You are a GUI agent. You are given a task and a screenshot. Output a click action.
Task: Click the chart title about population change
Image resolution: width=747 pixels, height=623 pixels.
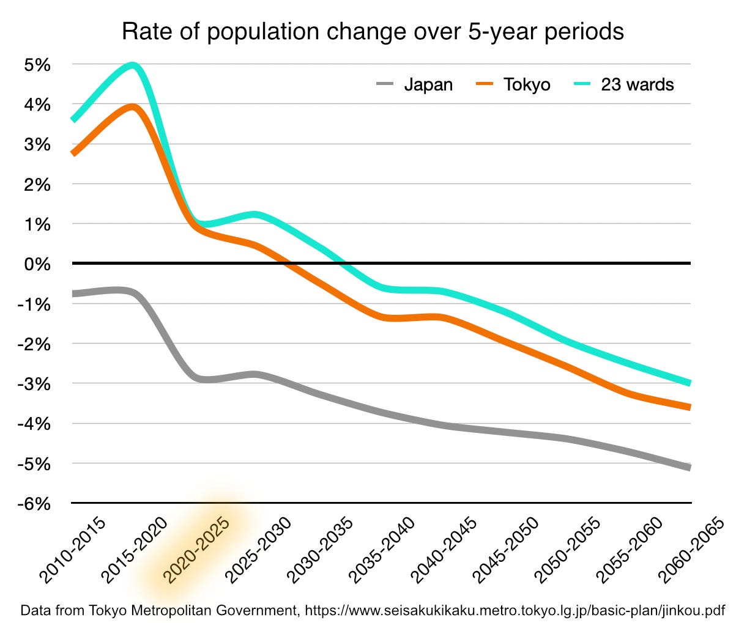pos(373,31)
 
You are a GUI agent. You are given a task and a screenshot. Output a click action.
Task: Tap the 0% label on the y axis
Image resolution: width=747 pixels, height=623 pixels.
pos(39,264)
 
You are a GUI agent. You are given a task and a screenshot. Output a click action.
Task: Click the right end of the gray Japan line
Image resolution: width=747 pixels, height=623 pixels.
pos(689,468)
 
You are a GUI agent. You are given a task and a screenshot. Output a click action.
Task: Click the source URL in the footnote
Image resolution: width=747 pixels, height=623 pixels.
pos(515,610)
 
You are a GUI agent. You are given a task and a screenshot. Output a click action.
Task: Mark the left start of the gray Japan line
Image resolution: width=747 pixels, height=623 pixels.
pos(73,294)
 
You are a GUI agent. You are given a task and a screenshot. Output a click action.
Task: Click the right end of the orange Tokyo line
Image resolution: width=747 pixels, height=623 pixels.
pos(689,407)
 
